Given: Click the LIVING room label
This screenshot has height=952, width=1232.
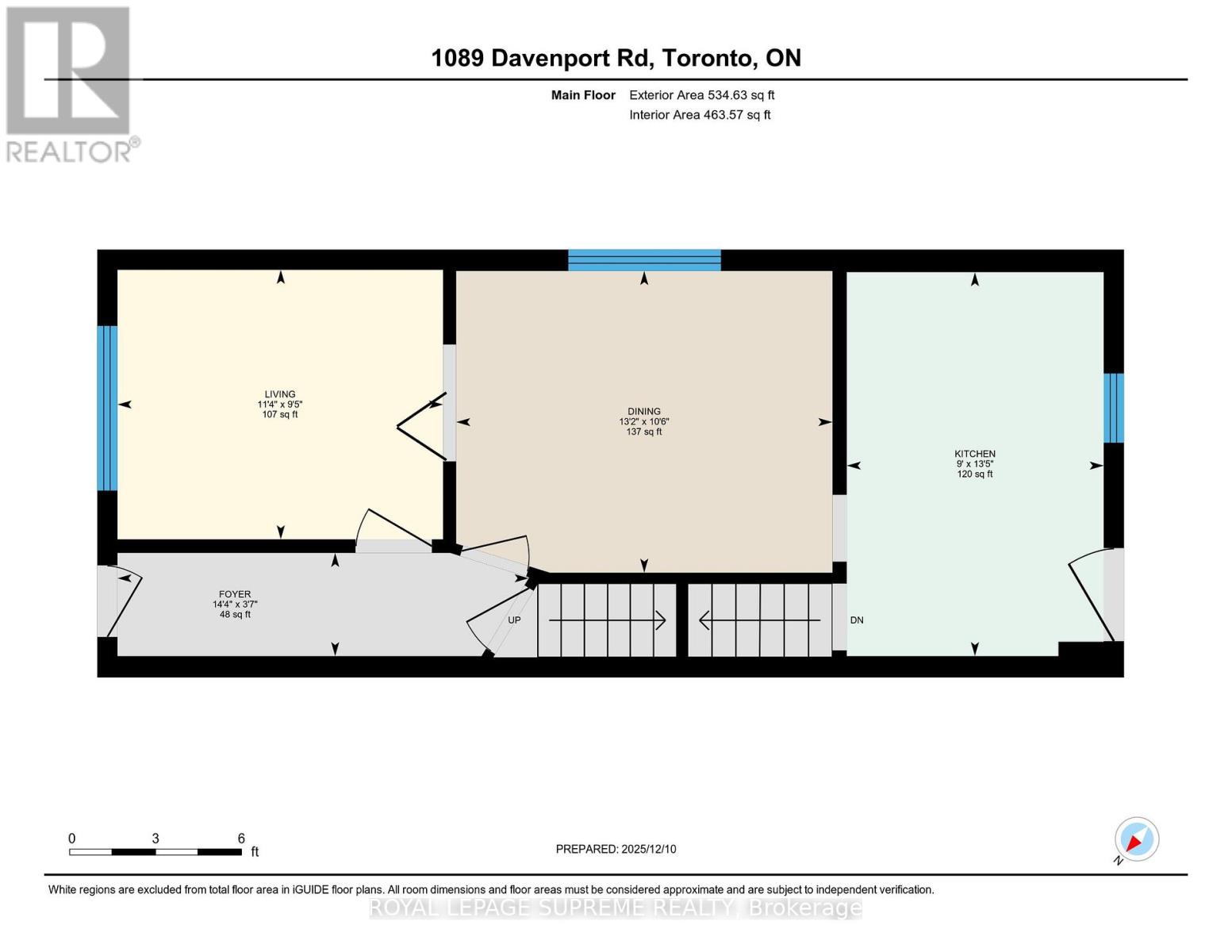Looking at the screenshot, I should pos(279,394).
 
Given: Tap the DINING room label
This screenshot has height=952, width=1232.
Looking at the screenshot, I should pos(643,412).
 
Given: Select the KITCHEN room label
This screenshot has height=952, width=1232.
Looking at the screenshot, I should pos(974,454).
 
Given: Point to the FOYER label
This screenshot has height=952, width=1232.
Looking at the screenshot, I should pos(235,594).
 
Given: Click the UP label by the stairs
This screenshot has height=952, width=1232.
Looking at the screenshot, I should pos(514,620).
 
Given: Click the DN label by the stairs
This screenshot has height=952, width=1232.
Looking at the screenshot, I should pos(857,620).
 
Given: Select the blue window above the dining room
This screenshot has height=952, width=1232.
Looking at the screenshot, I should pos(644,260).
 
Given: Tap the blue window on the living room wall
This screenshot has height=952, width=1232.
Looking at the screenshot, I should pos(107,408).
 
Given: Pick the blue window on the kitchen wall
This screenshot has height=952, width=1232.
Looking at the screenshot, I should pos(1114,408).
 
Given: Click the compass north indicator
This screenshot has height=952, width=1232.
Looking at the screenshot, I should pos(1136,839).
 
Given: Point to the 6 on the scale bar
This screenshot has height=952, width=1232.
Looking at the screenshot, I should pos(241,839).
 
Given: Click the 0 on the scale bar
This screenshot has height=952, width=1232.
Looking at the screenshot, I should pos(72,839).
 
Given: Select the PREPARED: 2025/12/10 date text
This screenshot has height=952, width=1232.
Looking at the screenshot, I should pos(616,849).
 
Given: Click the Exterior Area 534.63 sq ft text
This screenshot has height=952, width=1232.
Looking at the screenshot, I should pos(701,95).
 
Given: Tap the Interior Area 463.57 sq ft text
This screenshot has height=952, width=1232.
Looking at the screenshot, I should pos(700,115).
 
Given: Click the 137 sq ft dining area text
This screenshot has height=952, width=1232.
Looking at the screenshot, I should pos(643,432).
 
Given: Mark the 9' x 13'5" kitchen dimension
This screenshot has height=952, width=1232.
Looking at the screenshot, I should pos(974,464).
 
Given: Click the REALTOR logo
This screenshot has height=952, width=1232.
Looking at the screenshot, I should pos(70,83).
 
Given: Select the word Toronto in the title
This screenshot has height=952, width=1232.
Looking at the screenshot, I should pos(707,58).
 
